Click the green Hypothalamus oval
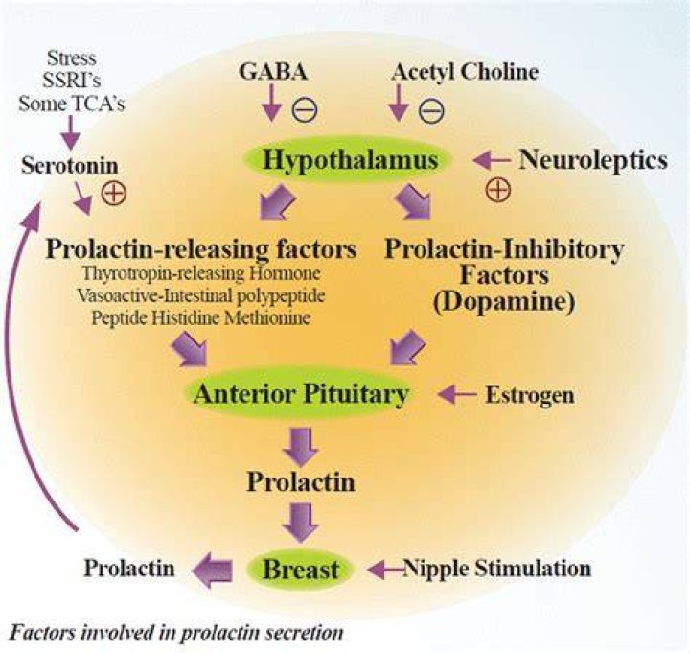(x=348, y=159)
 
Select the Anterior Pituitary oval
(x=301, y=393)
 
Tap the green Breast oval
(x=301, y=569)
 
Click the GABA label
(x=273, y=72)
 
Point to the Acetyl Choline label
(x=465, y=72)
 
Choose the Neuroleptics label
(x=593, y=160)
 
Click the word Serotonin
(x=70, y=166)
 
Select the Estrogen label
(x=530, y=395)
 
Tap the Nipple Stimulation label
(x=497, y=568)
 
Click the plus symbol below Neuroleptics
(x=498, y=190)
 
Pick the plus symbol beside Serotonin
(x=114, y=193)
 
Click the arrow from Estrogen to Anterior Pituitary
(x=457, y=394)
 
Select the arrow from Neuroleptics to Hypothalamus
(x=492, y=160)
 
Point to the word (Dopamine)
(x=504, y=302)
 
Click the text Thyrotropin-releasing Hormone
(x=201, y=273)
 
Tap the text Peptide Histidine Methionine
(x=201, y=317)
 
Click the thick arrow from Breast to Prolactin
(x=212, y=571)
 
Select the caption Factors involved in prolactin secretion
(x=176, y=632)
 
